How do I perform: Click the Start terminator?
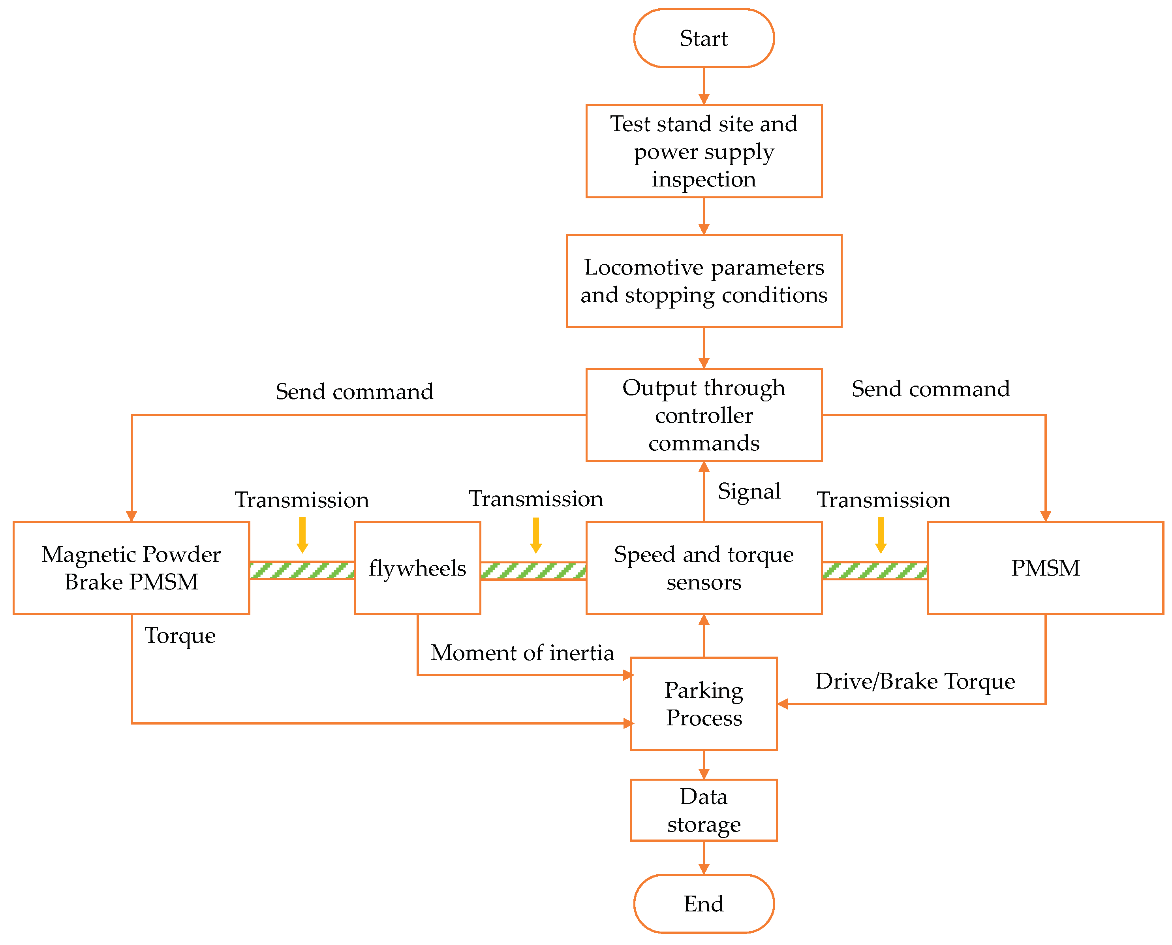click(704, 38)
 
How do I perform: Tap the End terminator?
click(704, 903)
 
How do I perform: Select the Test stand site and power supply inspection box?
click(704, 151)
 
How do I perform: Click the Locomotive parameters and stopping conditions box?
click(704, 281)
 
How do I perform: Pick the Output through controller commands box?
click(704, 415)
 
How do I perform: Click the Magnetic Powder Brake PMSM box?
click(131, 568)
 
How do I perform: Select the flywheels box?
click(417, 568)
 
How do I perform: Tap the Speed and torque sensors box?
click(704, 568)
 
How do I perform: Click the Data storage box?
click(704, 810)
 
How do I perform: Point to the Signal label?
click(749, 491)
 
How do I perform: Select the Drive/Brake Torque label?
click(915, 681)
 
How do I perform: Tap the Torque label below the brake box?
click(180, 636)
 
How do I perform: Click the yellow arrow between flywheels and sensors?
click(536, 535)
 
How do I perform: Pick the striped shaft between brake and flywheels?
click(302, 570)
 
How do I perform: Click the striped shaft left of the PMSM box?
click(874, 570)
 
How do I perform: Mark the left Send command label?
click(354, 392)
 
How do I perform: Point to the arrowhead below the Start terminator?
click(704, 99)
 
